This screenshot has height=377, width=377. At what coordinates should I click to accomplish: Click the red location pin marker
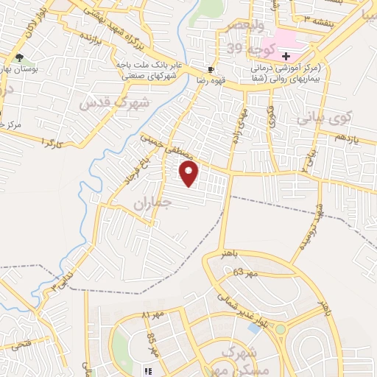click(190, 175)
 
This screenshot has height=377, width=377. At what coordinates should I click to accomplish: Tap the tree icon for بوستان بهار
click(19, 57)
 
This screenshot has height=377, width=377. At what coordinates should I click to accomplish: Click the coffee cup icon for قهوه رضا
click(211, 69)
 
